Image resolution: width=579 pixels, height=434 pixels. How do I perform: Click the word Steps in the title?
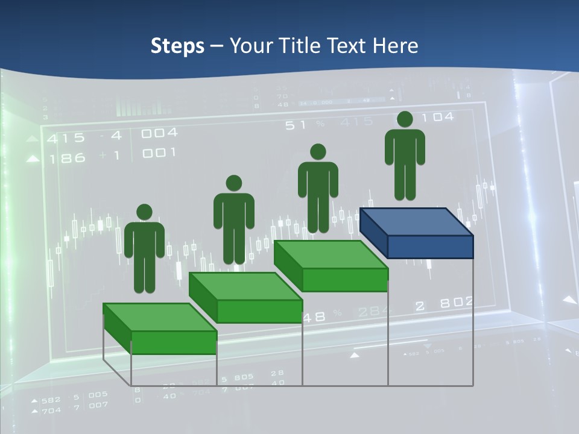(x=177, y=46)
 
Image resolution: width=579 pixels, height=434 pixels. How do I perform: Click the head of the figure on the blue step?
(x=405, y=119)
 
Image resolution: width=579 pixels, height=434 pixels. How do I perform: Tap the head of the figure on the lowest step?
(x=144, y=212)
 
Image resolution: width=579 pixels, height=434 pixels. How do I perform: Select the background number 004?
(x=159, y=133)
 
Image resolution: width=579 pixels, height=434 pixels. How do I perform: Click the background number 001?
(x=159, y=153)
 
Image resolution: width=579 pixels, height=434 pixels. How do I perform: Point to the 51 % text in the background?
(x=305, y=124)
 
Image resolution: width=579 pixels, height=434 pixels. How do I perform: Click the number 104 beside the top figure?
(x=440, y=117)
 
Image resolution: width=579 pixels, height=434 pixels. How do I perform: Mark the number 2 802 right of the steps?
(x=444, y=304)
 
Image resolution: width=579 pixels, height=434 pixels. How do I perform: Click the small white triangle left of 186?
(x=33, y=159)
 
